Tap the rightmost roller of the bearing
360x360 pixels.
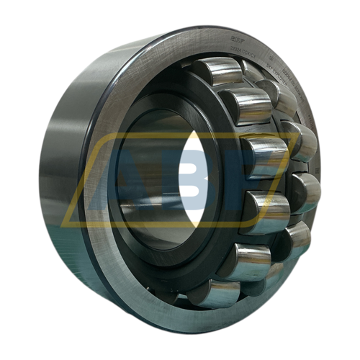[x=306, y=191]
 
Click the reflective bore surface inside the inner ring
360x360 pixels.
[x=144, y=209]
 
